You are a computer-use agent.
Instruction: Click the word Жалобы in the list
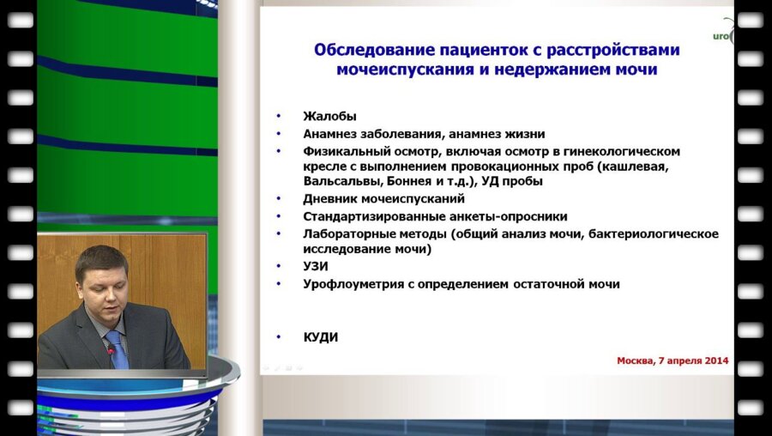point(329,117)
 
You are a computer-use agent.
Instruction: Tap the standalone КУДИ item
point(320,337)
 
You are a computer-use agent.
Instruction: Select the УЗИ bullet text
point(316,266)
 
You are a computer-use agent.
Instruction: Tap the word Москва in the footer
point(638,360)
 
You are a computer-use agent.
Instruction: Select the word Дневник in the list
point(329,199)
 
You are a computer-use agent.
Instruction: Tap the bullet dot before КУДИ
point(278,338)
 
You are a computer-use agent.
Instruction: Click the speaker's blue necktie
point(116,347)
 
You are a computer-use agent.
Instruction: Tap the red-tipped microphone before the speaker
point(110,351)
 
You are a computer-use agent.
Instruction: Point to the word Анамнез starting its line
point(330,134)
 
